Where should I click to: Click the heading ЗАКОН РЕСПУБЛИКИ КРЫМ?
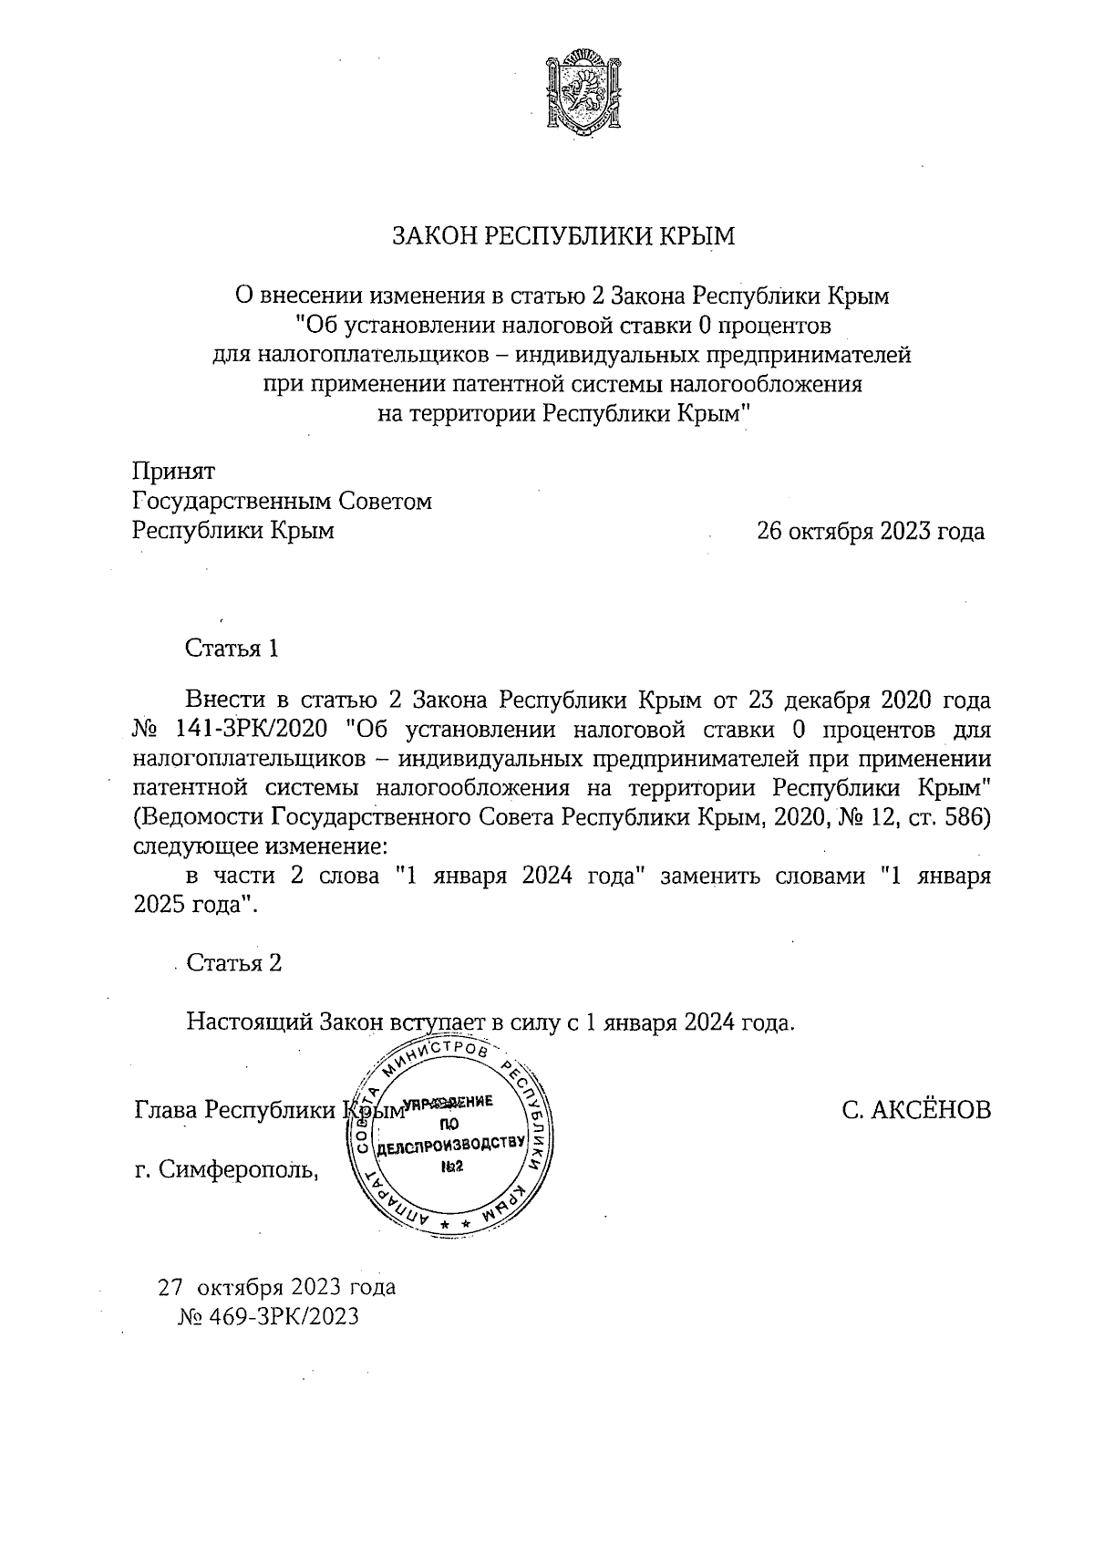[x=562, y=236]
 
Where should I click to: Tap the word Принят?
[x=174, y=472]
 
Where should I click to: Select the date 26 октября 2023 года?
[x=870, y=531]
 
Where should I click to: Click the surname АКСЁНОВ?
[x=934, y=1111]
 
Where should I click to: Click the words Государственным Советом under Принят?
[x=282, y=502]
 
